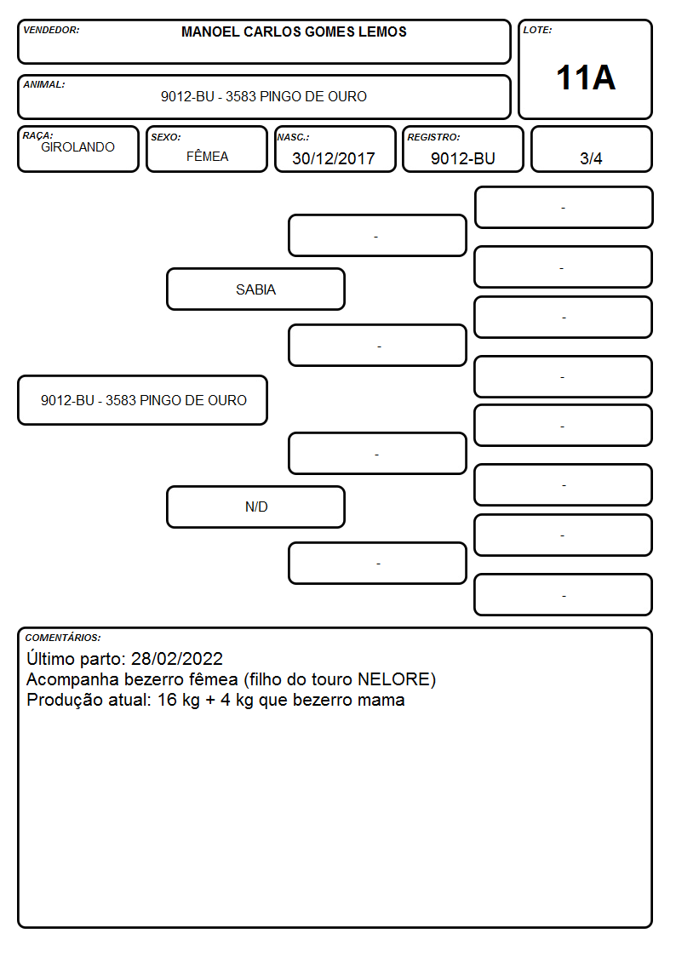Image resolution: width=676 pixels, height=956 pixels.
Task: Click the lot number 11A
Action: pos(585,78)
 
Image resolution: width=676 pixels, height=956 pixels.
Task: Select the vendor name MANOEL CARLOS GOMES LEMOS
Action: pos(294,31)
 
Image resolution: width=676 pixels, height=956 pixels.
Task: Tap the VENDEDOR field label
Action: pos(51,30)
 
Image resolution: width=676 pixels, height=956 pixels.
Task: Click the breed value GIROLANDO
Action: pos(77,147)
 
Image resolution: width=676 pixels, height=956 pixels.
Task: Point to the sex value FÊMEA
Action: pos(207,156)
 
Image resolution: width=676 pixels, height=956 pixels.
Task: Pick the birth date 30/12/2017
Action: pos(334,158)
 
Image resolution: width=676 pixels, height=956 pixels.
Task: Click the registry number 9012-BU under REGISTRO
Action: pos(462,158)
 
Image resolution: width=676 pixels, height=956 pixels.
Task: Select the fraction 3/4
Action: pos(591,158)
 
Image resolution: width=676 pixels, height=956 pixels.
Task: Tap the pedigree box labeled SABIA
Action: pos(255,289)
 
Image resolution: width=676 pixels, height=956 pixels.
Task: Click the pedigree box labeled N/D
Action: pos(255,507)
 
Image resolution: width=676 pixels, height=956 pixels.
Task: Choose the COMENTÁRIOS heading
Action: pos(63,638)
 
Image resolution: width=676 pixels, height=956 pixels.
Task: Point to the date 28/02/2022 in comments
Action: pos(177,658)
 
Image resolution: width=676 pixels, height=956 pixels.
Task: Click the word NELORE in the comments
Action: pos(394,679)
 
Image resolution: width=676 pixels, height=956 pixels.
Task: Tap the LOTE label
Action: pos(537,30)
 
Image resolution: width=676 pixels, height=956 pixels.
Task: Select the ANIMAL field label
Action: pos(44,85)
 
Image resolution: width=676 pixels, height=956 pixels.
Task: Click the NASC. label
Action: pos(293,137)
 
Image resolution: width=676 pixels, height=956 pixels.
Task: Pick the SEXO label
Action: pos(166,137)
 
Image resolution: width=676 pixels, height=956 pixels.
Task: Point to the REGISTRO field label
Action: pos(433,137)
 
